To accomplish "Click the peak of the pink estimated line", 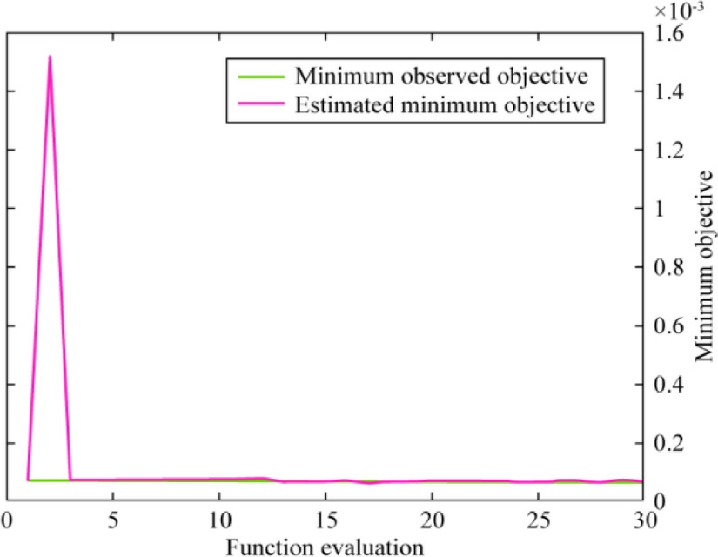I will (50, 57).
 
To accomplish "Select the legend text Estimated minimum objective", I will (445, 106).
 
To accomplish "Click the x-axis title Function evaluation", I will (324, 546).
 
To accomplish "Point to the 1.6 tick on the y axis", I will (665, 34).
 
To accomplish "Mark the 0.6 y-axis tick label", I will (665, 326).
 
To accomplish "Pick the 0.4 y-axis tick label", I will (665, 385).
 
